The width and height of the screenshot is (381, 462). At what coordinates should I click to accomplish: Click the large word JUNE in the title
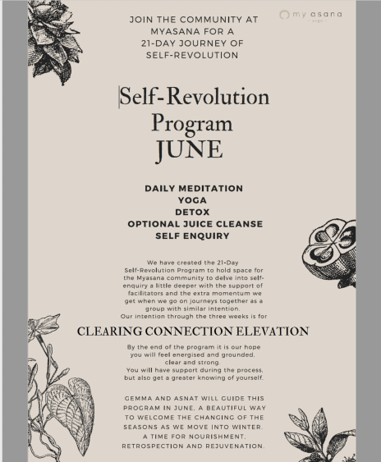[x=189, y=149]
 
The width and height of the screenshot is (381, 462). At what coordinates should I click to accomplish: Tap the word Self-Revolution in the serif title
[x=195, y=96]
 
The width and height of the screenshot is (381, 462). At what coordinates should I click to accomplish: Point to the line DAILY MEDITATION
[x=194, y=189]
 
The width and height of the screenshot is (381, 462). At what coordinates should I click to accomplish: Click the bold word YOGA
[x=193, y=200]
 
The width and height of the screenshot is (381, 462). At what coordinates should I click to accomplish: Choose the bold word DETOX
[x=193, y=212]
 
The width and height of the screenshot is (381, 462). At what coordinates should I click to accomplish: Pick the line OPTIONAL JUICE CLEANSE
[x=193, y=223]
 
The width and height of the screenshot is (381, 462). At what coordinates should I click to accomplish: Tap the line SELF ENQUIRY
[x=193, y=236]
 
